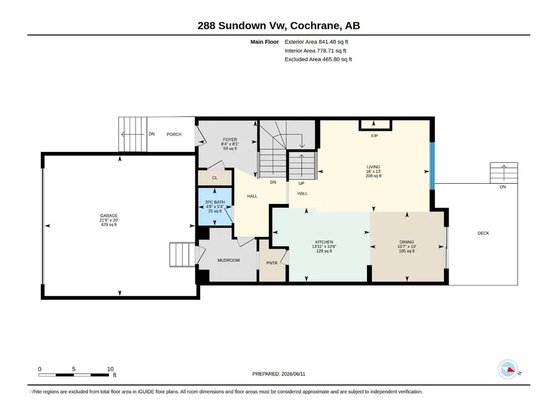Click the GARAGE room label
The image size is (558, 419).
tap(109, 216)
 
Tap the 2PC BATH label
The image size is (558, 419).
tap(215, 202)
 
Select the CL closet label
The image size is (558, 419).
tap(214, 178)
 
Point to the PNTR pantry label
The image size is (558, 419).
tap(272, 263)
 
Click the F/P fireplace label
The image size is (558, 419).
tap(375, 136)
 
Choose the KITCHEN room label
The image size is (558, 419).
tap(324, 242)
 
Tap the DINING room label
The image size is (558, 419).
tap(407, 242)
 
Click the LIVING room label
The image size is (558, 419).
tap(373, 167)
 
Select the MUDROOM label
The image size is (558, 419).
tap(229, 260)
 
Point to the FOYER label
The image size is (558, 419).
tap(230, 139)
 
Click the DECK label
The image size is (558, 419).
tap(483, 233)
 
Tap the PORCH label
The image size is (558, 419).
tap(174, 135)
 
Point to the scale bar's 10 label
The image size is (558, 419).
tap(111, 369)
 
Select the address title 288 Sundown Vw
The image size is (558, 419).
tap(242, 26)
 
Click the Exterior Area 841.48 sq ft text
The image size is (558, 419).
tap(316, 42)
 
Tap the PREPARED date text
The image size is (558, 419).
tap(279, 374)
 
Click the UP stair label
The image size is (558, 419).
tap(302, 184)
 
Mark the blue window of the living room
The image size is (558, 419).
tap(432, 166)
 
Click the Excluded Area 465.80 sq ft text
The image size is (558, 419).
tap(318, 59)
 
